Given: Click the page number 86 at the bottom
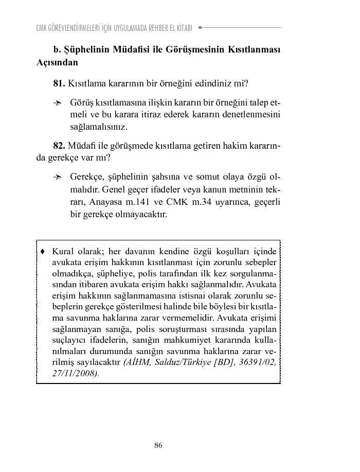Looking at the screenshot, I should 158,445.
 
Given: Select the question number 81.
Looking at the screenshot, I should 59,83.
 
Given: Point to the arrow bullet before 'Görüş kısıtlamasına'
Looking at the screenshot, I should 58,102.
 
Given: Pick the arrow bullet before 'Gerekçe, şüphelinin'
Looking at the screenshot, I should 58,177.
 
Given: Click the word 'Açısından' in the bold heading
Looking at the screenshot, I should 57,63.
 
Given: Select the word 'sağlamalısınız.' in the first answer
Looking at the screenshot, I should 99,126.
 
